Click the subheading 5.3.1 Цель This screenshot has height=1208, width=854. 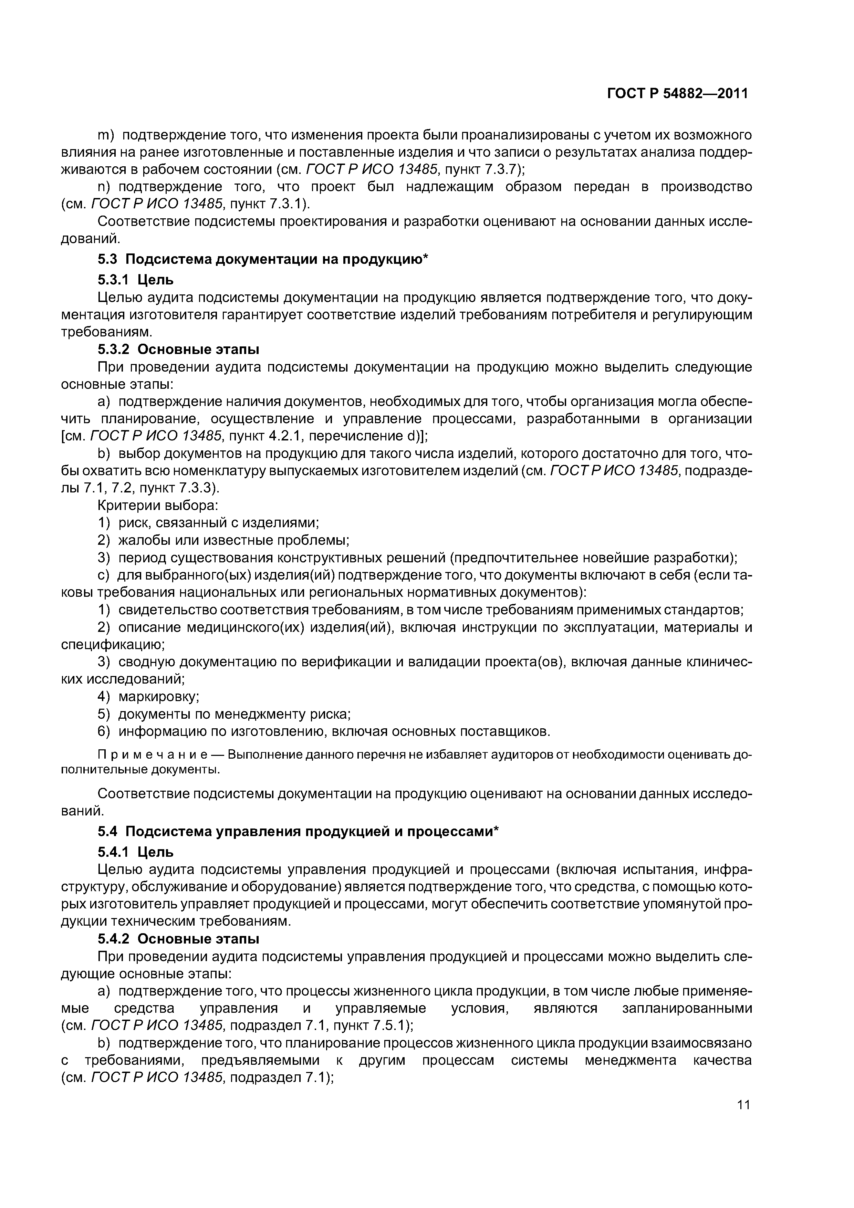[135, 279]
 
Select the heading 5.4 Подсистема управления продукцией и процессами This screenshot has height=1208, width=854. [298, 831]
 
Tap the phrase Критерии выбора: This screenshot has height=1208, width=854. [158, 506]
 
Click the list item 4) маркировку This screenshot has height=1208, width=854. [149, 697]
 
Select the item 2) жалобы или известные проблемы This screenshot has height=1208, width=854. [223, 540]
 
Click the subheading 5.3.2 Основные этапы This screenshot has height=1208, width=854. [178, 350]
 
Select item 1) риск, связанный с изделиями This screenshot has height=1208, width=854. [208, 523]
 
